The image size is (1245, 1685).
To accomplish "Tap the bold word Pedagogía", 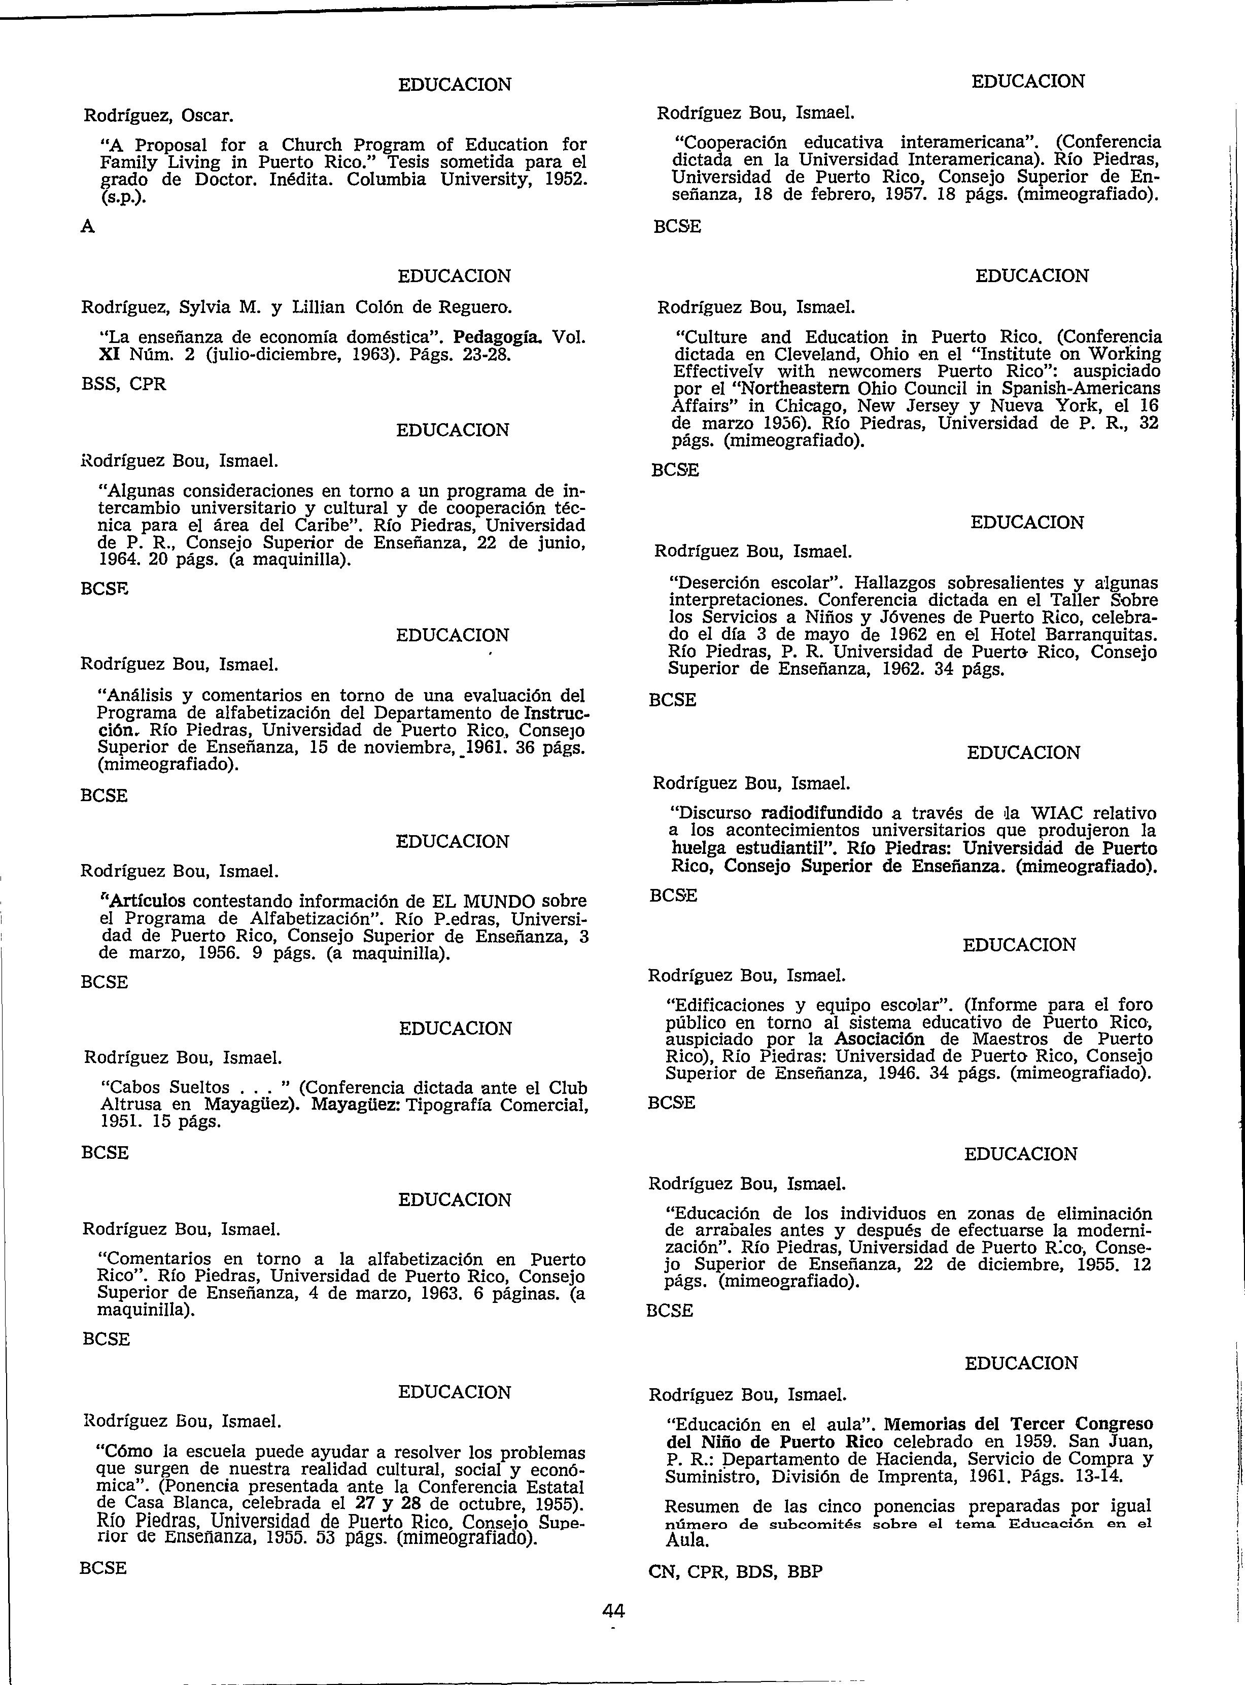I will [x=503, y=337].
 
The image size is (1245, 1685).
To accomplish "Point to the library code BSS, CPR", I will [x=124, y=384].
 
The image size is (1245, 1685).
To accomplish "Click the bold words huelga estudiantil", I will [x=753, y=848].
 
